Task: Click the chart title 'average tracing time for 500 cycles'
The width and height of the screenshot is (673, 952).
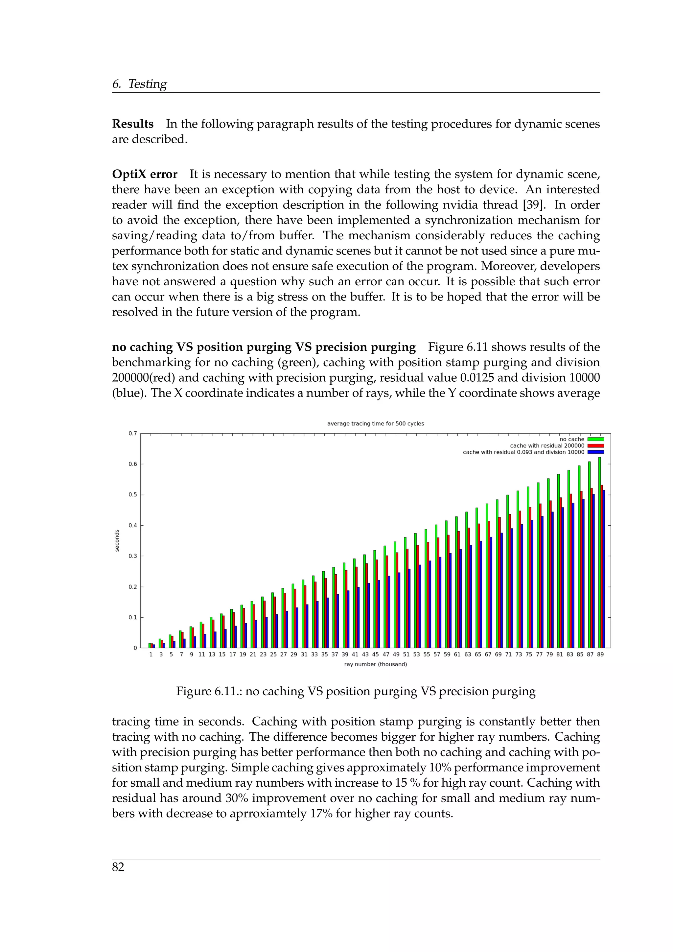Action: (376, 423)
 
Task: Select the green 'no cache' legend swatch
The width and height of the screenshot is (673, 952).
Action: (595, 439)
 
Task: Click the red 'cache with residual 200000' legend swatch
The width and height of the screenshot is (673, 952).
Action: (595, 446)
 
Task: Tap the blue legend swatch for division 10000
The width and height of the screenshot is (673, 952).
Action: (595, 452)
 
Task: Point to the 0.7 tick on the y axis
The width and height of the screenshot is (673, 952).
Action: (133, 433)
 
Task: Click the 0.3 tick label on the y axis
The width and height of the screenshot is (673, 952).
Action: (133, 556)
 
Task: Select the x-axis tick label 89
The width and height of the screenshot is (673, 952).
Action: (600, 654)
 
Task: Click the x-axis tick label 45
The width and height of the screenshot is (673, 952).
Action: (376, 654)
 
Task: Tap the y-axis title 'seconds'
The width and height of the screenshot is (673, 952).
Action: (117, 541)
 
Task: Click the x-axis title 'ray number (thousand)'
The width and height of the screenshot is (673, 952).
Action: (376, 664)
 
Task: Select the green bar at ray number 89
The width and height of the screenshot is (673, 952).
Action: (599, 553)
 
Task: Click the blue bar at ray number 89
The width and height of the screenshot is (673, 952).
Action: (604, 569)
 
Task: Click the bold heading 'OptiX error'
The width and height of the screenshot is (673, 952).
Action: (145, 174)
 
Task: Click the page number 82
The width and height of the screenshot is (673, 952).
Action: (118, 867)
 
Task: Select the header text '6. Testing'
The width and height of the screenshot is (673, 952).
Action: (139, 84)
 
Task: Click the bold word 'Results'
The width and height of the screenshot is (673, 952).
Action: (133, 124)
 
